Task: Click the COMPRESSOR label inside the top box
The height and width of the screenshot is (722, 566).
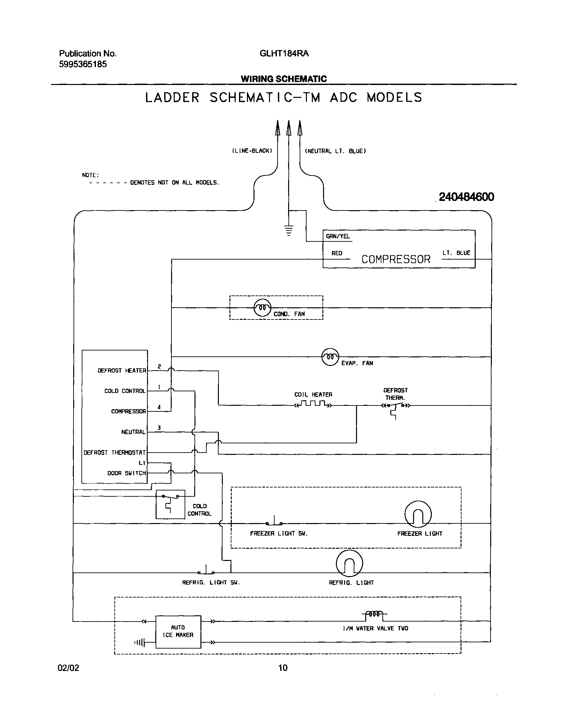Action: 396,259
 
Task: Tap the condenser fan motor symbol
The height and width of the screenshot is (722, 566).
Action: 262,308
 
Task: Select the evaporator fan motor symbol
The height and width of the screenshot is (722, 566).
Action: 330,357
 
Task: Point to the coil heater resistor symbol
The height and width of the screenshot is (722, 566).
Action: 313,404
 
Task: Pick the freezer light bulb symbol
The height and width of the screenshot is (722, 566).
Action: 418,514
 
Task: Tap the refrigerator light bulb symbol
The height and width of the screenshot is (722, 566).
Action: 349,563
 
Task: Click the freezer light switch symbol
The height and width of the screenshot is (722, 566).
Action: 274,522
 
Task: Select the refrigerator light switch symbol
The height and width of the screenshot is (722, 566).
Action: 206,571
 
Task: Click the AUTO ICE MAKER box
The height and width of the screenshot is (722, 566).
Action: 178,632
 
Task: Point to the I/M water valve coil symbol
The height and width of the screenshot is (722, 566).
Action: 374,614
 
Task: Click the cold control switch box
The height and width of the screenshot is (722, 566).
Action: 170,504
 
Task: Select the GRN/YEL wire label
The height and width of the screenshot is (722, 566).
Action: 338,236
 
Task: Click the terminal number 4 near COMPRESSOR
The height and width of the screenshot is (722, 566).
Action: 159,407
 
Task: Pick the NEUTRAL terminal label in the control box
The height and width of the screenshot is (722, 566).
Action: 133,432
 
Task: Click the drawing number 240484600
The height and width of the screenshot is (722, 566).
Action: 466,197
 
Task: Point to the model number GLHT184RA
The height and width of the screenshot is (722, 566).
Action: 284,54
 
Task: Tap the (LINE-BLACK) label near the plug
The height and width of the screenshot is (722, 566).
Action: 252,151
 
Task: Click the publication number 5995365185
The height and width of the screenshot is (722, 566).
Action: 83,64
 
